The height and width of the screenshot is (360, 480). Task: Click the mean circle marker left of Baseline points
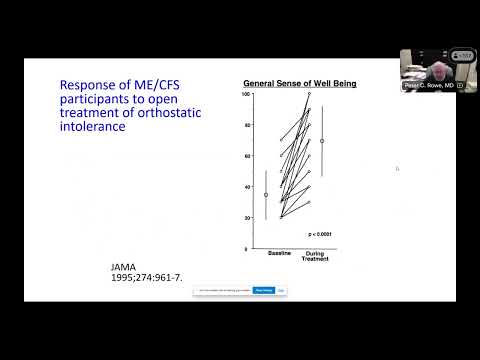pos(266,195)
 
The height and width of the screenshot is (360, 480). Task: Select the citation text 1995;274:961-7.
pos(140,279)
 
